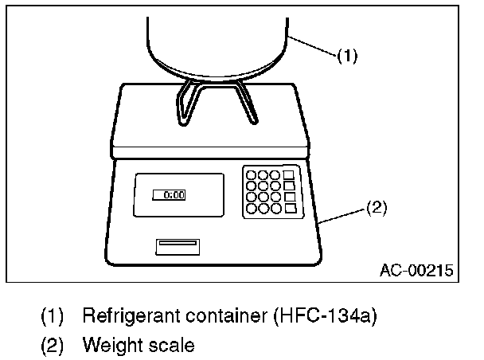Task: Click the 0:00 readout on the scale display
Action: [x=169, y=194]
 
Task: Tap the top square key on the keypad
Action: [x=288, y=174]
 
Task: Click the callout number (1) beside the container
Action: [x=347, y=57]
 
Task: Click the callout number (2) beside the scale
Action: [x=376, y=209]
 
